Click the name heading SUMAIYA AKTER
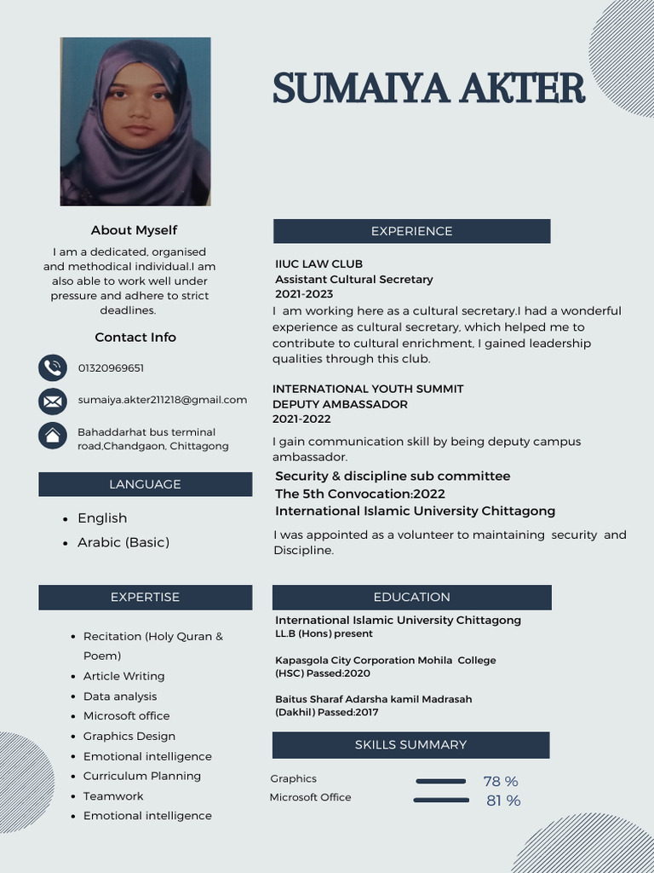429,89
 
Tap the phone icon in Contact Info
53,368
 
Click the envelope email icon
53,401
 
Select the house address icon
53,436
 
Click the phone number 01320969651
111,368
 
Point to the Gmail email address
162,400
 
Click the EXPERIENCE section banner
411,231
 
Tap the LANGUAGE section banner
145,484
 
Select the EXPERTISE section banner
145,597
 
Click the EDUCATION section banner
411,597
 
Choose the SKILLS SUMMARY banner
410,744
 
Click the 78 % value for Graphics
501,782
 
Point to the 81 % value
503,801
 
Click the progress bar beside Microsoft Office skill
441,801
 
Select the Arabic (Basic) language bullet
123,542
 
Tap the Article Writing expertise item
123,676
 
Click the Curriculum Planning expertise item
141,776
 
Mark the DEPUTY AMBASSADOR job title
340,404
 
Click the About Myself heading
134,230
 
